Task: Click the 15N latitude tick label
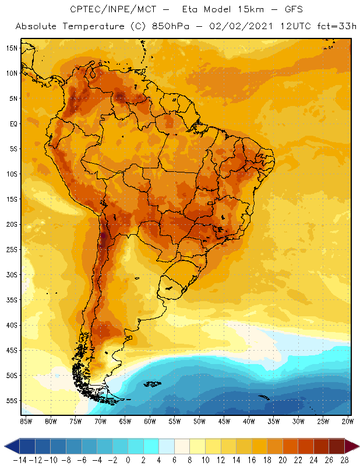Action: [x=11, y=48]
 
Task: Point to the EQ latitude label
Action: [x=12, y=123]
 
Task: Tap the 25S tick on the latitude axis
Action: [x=11, y=249]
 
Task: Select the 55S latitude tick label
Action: [x=11, y=401]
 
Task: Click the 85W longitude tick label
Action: [x=26, y=421]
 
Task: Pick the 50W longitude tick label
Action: [x=200, y=421]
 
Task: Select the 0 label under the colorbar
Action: [x=128, y=460]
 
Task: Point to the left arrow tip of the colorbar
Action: [x=5, y=446]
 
